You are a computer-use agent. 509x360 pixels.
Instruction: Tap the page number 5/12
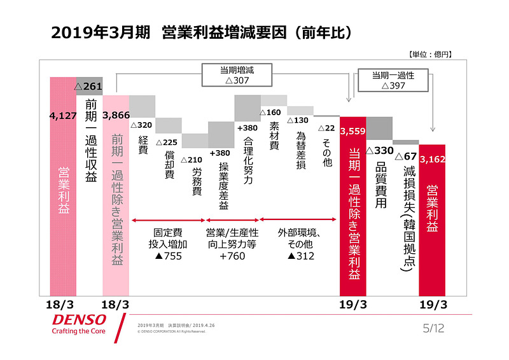pyautogui.click(x=435, y=328)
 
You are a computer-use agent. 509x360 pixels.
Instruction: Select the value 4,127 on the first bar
pyautogui.click(x=62, y=116)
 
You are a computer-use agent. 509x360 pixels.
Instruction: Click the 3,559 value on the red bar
pyautogui.click(x=352, y=132)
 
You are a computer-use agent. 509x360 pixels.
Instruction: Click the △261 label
pyautogui.click(x=89, y=86)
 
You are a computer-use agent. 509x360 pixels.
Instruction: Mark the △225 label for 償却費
pyautogui.click(x=169, y=142)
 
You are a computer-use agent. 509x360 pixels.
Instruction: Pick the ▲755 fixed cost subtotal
pyautogui.click(x=169, y=256)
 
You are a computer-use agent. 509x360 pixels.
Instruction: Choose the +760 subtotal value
pyautogui.click(x=232, y=256)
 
